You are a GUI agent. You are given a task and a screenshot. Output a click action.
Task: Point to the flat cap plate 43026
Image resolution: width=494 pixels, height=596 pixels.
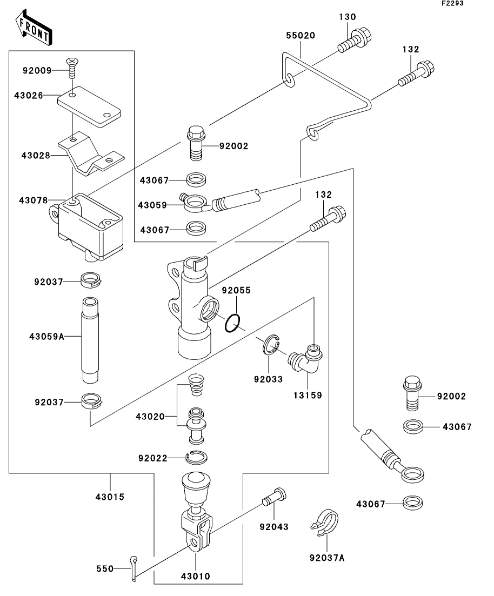coord(89,107)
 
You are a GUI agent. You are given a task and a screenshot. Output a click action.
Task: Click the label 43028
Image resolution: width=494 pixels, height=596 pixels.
coord(36,156)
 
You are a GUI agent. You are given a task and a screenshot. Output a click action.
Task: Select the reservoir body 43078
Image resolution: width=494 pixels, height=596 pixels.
coord(89,227)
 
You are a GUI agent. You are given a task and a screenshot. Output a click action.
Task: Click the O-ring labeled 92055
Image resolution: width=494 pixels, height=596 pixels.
coord(232,324)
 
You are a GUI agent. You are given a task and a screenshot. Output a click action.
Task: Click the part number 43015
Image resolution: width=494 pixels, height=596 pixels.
coord(110,496)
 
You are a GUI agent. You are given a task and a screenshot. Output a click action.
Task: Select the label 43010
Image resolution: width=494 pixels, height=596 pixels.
coord(196,576)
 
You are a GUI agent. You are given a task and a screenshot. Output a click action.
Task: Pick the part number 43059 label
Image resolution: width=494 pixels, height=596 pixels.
coord(152,205)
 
